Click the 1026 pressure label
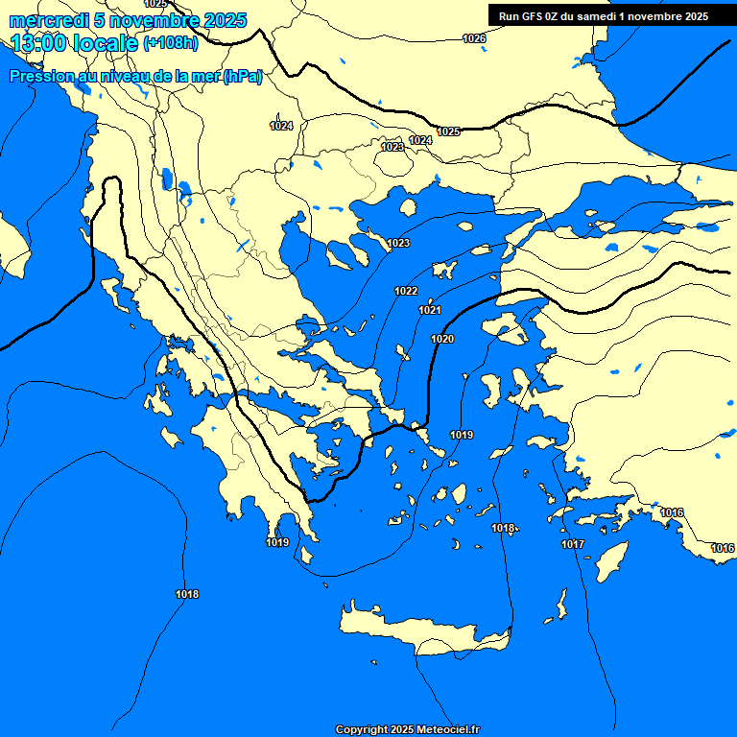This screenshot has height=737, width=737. pos(474,38)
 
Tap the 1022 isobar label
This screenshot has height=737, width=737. pos(406,291)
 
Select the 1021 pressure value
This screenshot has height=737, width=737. pos(430,310)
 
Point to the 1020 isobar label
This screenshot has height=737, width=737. pos(442,339)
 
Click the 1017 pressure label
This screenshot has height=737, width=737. pos(573,544)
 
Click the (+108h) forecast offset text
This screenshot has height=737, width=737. pos(170,43)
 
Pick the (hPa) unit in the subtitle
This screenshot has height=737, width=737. pos(242,78)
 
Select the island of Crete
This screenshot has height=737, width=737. pos(422,629)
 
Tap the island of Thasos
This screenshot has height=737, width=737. pos(408,207)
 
